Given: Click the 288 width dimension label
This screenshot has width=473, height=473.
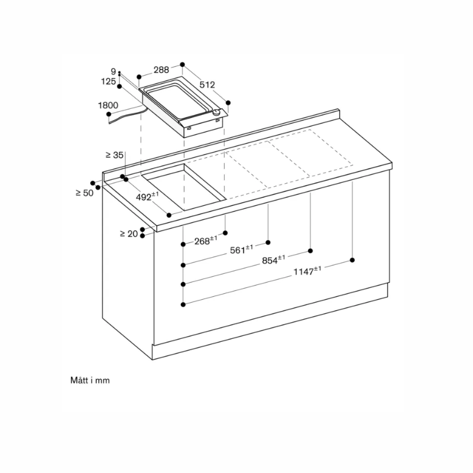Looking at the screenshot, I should pyautogui.click(x=161, y=69).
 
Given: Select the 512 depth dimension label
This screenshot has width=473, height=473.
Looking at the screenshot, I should pyautogui.click(x=206, y=85).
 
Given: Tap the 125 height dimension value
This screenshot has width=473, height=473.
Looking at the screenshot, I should pyautogui.click(x=108, y=82).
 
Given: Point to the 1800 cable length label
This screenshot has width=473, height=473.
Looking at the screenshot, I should pyautogui.click(x=108, y=105).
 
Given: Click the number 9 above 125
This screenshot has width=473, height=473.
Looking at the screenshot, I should pyautogui.click(x=113, y=72).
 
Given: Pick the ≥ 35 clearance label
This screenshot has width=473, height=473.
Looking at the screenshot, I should pyautogui.click(x=114, y=155).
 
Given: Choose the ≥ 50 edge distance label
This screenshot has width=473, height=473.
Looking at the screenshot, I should pyautogui.click(x=85, y=193).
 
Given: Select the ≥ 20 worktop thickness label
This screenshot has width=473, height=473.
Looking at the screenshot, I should pyautogui.click(x=128, y=234).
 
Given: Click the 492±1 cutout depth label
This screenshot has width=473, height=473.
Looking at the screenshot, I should pyautogui.click(x=147, y=196).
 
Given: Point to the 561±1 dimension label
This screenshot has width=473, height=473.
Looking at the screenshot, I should pyautogui.click(x=241, y=250).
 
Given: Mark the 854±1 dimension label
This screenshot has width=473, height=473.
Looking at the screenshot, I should pyautogui.click(x=273, y=259).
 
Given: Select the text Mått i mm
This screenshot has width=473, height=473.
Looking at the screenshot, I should pyautogui.click(x=90, y=381).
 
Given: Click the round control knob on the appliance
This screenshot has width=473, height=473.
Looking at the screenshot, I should pyautogui.click(x=218, y=113).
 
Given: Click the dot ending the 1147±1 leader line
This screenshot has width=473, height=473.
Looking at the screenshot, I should pyautogui.click(x=353, y=260).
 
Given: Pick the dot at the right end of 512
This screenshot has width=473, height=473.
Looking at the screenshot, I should pyautogui.click(x=228, y=102).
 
